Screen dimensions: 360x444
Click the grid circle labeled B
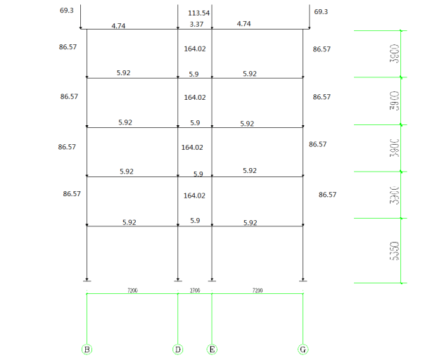coord(87,349)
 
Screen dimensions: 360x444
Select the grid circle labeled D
coord(177,349)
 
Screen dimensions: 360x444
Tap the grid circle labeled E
coord(212,349)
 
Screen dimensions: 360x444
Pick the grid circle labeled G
coord(303,349)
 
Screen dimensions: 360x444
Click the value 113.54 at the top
coord(200,13)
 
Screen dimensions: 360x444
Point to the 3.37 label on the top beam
coord(197,24)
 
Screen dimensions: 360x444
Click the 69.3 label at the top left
coord(68,11)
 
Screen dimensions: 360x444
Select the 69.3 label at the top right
coord(321,12)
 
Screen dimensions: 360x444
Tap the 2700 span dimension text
coord(195,290)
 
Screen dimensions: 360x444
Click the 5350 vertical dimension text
coord(395,251)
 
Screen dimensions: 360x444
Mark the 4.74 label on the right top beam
coord(243,24)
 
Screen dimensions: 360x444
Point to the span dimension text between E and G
coord(258,290)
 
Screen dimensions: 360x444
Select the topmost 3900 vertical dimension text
coord(395,53)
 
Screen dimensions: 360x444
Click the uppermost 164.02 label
coord(194,49)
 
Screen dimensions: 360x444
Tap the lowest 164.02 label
coord(194,195)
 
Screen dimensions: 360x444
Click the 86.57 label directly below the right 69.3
coord(322,49)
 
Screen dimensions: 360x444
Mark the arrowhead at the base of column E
coord(212,278)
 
